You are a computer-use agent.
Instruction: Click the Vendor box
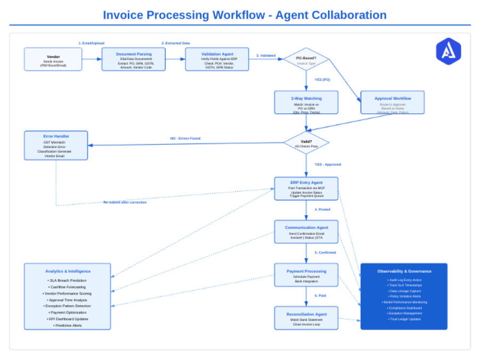tap(53, 59)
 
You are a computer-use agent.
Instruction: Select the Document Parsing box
tap(134, 59)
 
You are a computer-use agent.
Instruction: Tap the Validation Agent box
tap(217, 59)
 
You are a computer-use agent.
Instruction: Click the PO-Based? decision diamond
tap(306, 59)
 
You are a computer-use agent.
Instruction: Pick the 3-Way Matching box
tap(306, 102)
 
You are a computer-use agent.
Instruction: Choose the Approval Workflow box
tap(393, 102)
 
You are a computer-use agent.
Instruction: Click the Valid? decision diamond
tap(306, 143)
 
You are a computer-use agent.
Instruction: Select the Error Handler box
tap(56, 145)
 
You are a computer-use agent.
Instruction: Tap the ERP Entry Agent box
tap(306, 189)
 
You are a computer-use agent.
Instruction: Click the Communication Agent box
tap(306, 232)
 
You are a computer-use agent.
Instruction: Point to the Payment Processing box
tap(306, 275)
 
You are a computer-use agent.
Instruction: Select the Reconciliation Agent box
tap(306, 317)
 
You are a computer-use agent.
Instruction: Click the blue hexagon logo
tap(448, 51)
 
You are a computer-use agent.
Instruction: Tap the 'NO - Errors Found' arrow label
tap(185, 138)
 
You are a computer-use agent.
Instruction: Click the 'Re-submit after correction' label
tap(125, 202)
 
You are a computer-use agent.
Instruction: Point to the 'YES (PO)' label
tap(322, 79)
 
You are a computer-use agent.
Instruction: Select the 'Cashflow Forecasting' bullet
tap(68, 287)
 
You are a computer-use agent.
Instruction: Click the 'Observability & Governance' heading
tap(404, 271)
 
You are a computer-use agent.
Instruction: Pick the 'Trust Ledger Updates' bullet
tap(404, 319)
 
